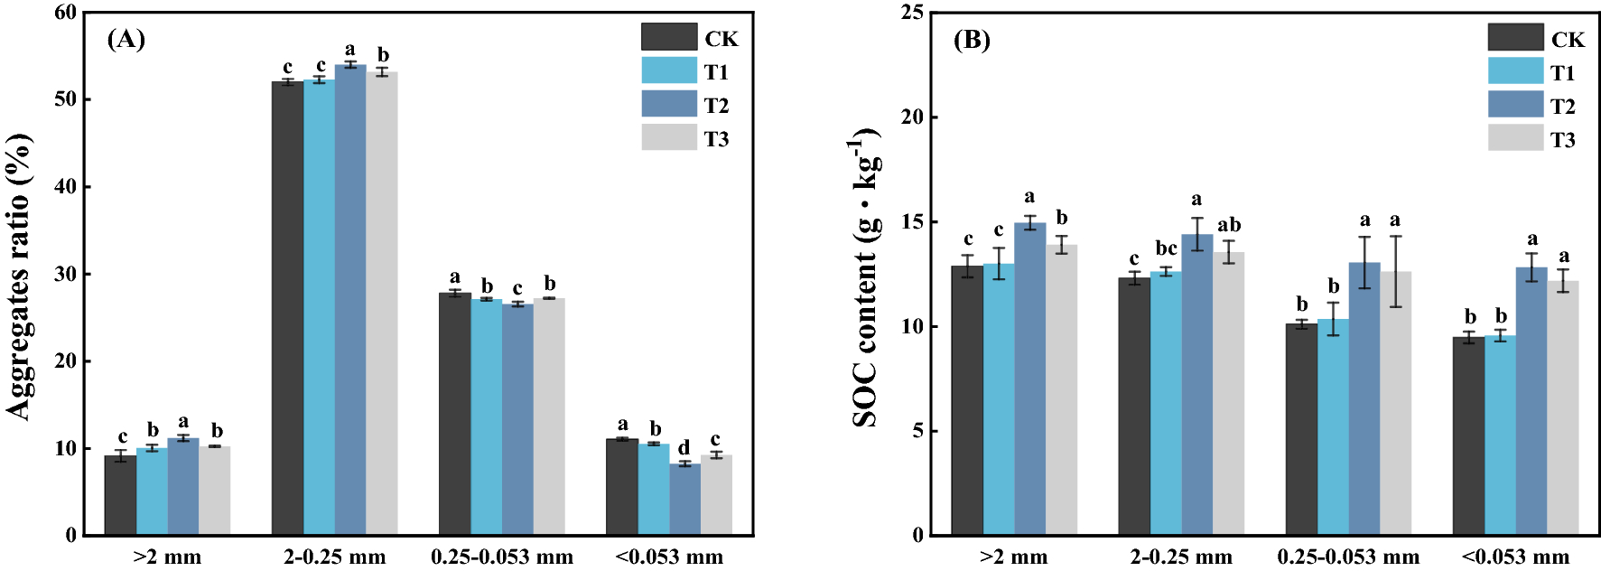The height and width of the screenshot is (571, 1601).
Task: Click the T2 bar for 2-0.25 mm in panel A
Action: tap(350, 298)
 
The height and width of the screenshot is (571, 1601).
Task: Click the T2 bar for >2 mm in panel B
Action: tap(1029, 379)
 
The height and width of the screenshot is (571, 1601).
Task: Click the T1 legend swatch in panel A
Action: tap(669, 70)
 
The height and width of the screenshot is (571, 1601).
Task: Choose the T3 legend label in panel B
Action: tap(1563, 140)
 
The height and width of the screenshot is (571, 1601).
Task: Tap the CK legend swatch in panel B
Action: tap(1515, 38)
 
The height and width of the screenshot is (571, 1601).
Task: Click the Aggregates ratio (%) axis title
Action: tap(20, 276)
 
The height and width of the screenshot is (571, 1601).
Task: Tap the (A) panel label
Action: tap(126, 39)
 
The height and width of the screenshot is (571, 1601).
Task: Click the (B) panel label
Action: tap(972, 40)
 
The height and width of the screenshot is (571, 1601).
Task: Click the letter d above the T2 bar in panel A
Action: tap(684, 448)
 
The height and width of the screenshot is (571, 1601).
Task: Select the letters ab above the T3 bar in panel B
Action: tap(1229, 225)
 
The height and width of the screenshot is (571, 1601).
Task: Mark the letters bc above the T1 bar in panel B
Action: tap(1166, 248)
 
